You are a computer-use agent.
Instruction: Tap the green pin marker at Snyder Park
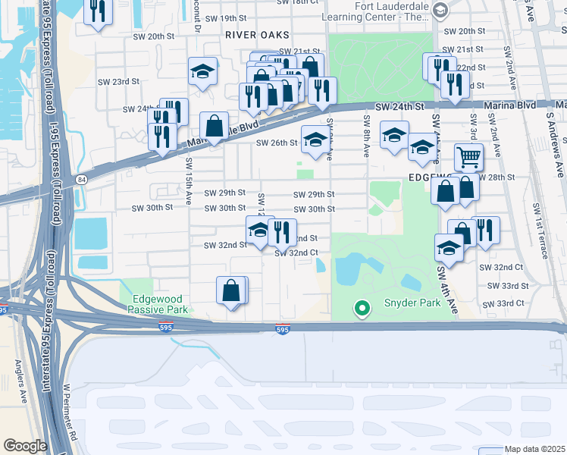[x=362, y=308]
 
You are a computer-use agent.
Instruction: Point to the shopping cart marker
[x=468, y=158]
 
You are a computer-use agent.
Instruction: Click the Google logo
[x=25, y=445]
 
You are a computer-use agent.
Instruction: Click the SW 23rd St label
[x=119, y=81]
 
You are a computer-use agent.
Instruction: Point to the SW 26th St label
[x=276, y=143]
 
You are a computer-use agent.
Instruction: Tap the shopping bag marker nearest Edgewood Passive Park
[x=231, y=290]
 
